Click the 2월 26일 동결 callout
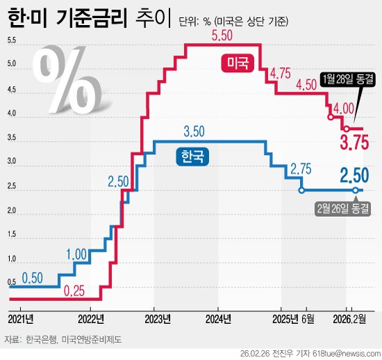tap(341, 207)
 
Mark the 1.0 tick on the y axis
tap(13, 259)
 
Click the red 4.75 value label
tap(280, 73)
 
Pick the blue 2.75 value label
tap(300, 169)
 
